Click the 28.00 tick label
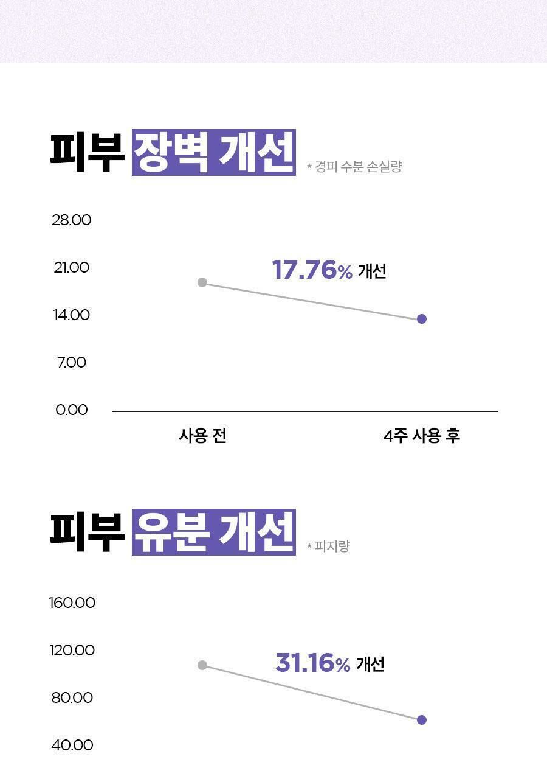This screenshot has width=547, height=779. pos(72,220)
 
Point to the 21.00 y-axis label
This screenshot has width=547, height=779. pos(72,267)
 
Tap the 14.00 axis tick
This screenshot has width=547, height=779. pos(72,315)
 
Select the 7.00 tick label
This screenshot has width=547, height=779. pos(72,362)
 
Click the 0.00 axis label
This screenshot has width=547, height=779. pos(72,410)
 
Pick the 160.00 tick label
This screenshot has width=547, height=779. pos(72,603)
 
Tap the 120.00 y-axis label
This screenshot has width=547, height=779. pos(72,650)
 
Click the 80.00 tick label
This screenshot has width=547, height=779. pos(72,697)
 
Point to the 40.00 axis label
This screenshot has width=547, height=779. pos(72,745)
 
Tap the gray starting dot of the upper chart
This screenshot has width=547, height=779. pos(202,282)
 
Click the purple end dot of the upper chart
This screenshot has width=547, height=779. pos(422,319)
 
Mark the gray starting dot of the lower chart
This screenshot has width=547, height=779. pos(202,665)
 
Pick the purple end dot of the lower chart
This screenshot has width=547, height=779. pos(422,720)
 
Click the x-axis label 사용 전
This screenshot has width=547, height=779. pos(203,436)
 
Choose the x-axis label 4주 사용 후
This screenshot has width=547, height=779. pos(422,436)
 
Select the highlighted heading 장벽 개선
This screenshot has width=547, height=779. pos(214,153)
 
